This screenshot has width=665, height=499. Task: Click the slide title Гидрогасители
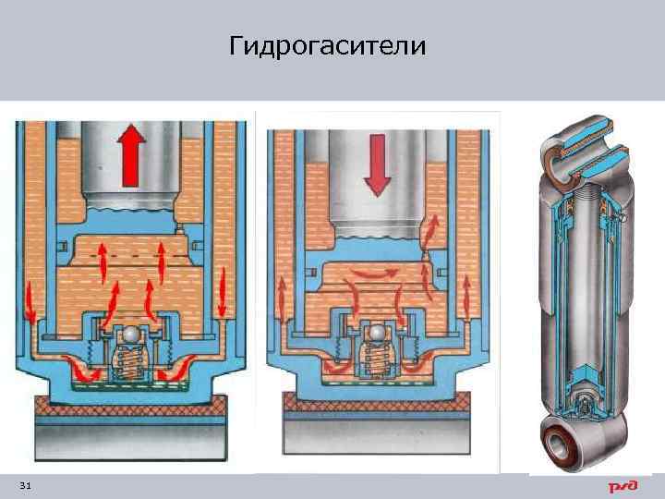[328, 45]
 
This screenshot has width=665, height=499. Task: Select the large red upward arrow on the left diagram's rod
[132, 152]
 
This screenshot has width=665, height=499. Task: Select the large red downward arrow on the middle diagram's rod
[377, 163]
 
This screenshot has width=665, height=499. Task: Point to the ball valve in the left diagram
[134, 335]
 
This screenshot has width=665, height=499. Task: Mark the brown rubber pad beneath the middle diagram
[378, 401]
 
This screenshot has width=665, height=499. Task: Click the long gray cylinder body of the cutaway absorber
[580, 305]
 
